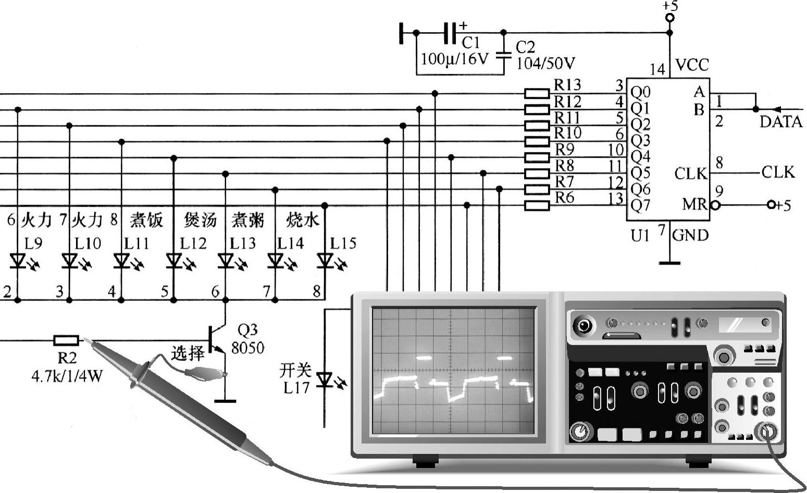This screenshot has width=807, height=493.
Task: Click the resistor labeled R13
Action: click(537, 93)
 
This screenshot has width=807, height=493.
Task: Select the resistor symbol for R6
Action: click(537, 205)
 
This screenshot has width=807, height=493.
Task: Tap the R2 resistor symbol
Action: click(66, 340)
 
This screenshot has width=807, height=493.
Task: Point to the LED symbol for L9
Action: click(18, 260)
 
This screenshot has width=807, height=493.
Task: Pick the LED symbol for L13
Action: click(226, 260)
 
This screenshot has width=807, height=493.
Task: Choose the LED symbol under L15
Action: click(325, 260)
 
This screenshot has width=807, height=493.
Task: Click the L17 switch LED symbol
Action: click(325, 380)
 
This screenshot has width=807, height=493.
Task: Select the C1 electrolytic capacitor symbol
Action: click(450, 33)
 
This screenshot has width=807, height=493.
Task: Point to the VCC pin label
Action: click(692, 65)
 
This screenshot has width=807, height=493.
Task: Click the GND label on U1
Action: click(690, 235)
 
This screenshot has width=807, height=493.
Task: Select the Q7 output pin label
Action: click(640, 206)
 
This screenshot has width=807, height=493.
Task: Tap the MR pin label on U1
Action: click(695, 204)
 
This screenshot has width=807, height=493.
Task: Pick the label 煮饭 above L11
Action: click(146, 220)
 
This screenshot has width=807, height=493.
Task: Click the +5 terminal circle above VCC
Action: click(670, 18)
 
